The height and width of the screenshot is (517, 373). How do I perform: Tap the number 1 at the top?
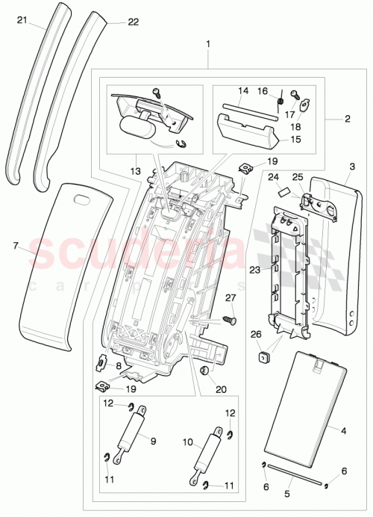click(207, 44)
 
